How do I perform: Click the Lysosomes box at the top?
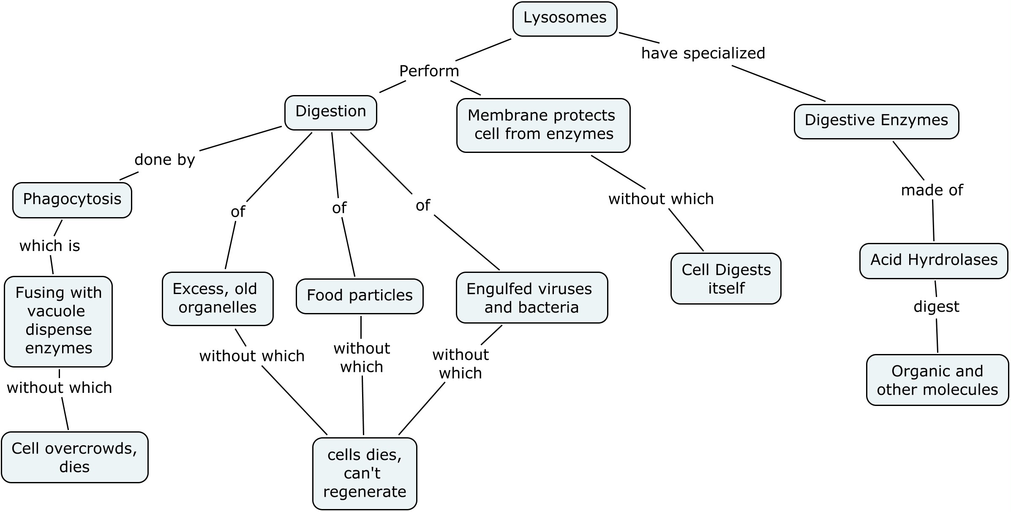(x=565, y=19)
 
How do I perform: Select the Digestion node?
(x=330, y=112)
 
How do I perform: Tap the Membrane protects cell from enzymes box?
(x=543, y=125)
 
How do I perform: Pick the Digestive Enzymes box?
(x=876, y=121)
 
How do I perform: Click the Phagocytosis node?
(x=72, y=200)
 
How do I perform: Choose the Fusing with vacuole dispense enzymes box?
(x=58, y=321)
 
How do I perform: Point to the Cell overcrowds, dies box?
(x=74, y=457)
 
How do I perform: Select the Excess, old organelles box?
(x=217, y=298)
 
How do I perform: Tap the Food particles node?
(x=360, y=296)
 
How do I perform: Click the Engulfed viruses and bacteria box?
(x=531, y=298)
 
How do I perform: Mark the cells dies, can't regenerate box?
(x=364, y=473)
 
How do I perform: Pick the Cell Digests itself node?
(x=725, y=279)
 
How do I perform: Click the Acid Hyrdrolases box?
(x=933, y=260)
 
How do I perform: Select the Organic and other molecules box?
(x=937, y=380)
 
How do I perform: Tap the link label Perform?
(x=429, y=71)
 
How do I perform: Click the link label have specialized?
(x=703, y=53)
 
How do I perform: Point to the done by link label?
(x=164, y=160)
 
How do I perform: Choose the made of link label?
(x=932, y=190)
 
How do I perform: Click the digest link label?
(x=936, y=306)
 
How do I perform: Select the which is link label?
(x=49, y=246)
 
